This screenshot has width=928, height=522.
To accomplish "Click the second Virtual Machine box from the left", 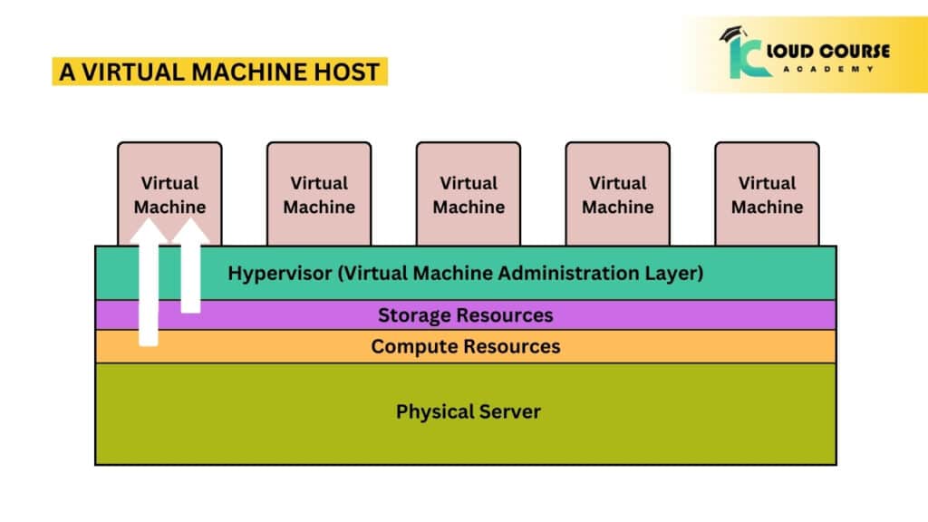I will click(319, 193).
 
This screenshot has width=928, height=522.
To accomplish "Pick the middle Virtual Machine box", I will click(469, 193).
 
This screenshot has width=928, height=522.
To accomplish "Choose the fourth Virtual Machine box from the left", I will click(618, 193).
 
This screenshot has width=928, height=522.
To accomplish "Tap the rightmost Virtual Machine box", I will click(767, 193).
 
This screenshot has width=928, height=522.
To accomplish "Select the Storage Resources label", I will click(465, 315).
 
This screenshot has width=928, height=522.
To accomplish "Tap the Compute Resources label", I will click(465, 346).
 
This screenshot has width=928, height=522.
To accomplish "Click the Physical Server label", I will click(468, 411).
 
